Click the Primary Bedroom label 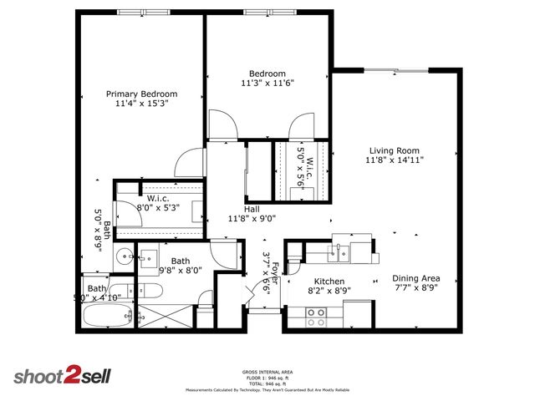[141, 94]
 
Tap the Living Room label [393, 151]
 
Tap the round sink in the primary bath [124, 256]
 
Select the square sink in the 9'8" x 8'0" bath [151, 256]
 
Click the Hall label [251, 209]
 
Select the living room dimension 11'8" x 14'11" [393, 162]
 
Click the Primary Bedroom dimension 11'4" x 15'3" [141, 104]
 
